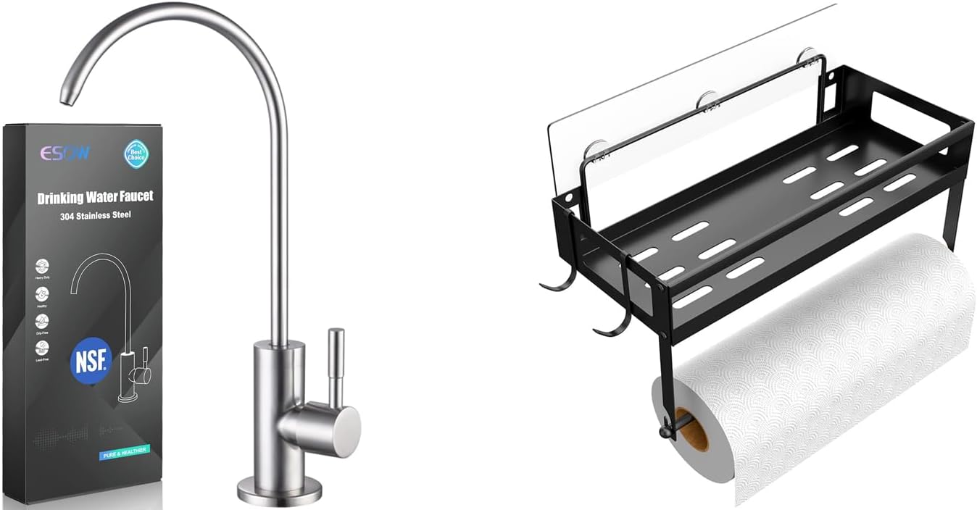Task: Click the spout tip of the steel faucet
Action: click(x=67, y=97)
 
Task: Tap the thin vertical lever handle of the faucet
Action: click(x=336, y=366)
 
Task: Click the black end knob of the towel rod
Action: click(x=664, y=431)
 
